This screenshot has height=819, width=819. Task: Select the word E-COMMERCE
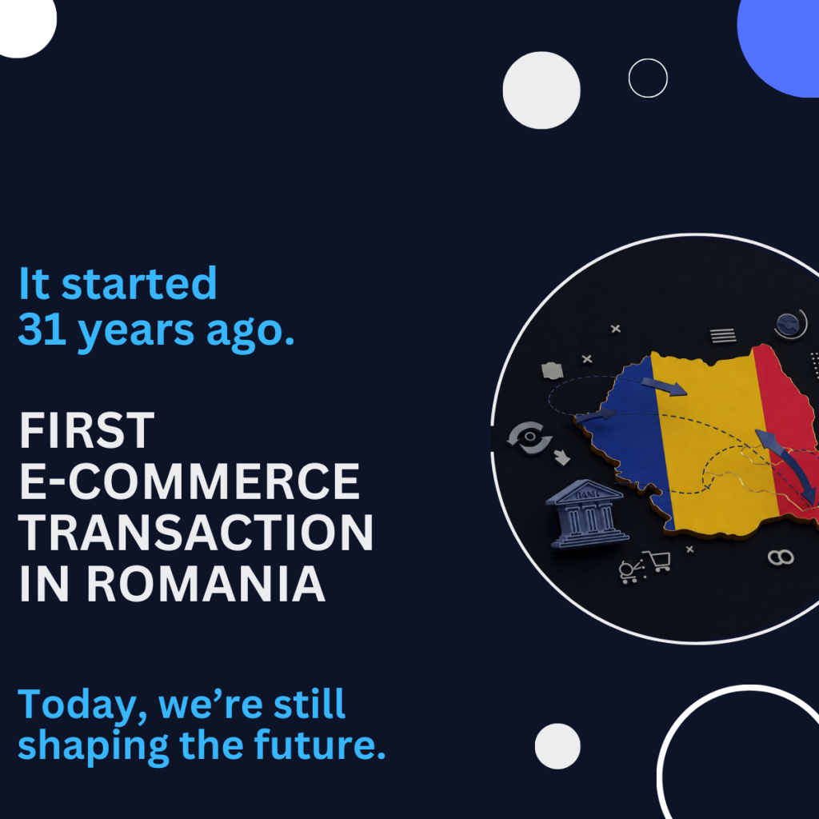189,481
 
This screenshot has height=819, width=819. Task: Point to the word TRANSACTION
195,533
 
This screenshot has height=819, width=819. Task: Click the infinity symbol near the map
780,557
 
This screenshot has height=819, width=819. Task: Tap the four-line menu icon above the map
723,336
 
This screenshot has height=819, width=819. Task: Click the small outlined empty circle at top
648,78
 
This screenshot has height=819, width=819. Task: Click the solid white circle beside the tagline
557,746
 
